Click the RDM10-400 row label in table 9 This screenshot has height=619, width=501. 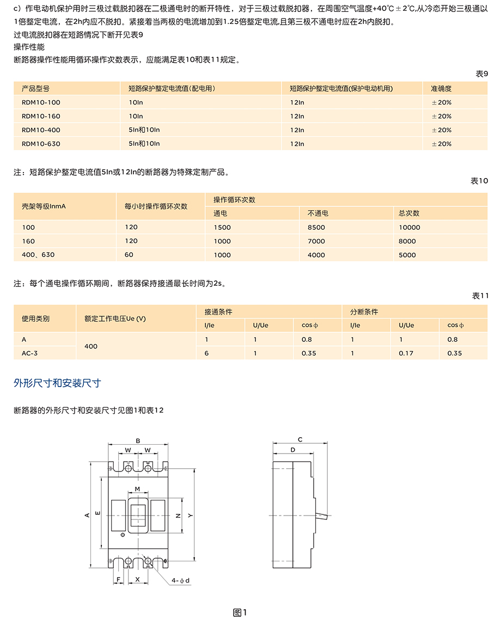click(x=41, y=130)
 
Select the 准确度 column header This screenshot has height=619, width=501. click(x=441, y=88)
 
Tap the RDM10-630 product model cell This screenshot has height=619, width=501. click(x=41, y=144)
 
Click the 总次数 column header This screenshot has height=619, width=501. click(x=409, y=213)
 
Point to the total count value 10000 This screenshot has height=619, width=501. click(x=410, y=228)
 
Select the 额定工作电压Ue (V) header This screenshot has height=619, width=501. click(x=115, y=318)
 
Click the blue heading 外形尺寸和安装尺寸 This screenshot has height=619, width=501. click(x=57, y=383)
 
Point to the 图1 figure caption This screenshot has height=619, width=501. click(x=240, y=612)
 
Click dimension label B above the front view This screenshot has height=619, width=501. click(x=138, y=440)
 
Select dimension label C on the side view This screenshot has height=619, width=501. click(x=300, y=439)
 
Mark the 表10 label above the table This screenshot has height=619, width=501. click(x=479, y=181)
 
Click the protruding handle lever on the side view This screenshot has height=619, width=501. click(x=322, y=514)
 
